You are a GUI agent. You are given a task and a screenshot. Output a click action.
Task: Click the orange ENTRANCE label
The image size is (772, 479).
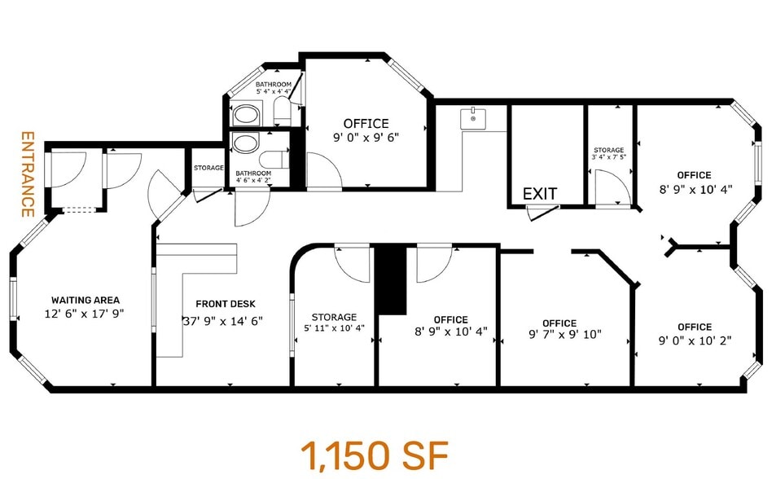(x=27, y=174)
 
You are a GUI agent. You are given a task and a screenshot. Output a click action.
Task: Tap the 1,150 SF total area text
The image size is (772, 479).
(x=374, y=455)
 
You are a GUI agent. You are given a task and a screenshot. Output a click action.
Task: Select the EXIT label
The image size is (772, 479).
(x=540, y=194)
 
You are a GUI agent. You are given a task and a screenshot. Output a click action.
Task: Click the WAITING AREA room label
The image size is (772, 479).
(x=86, y=299)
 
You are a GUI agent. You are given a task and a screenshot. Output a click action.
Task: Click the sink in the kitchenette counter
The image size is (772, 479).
(x=472, y=119)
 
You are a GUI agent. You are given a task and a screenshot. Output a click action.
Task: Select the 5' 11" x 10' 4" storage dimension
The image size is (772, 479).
(x=333, y=328)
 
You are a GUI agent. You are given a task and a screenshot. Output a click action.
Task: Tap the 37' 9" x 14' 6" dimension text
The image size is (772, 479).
(x=222, y=320)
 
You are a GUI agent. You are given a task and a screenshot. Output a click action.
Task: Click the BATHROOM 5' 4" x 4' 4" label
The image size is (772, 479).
(x=274, y=88)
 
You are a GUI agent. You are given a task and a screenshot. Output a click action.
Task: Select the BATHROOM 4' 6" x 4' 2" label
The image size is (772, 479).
(x=253, y=178)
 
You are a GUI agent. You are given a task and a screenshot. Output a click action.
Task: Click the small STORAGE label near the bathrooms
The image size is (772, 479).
(x=208, y=168)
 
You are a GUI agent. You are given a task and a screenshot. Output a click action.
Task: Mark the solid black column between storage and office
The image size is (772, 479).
(x=390, y=279)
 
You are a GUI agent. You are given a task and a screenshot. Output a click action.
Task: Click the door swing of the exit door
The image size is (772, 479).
(x=542, y=213)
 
